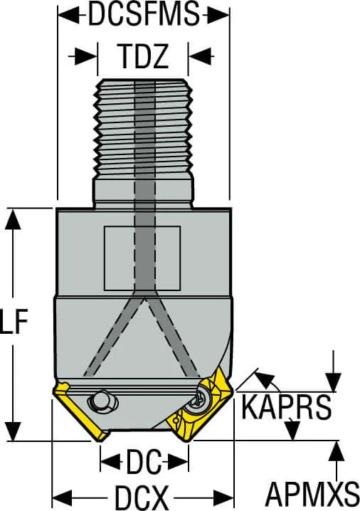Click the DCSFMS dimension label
(x=144, y=14)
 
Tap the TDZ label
(x=144, y=56)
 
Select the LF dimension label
(x=14, y=321)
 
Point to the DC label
(x=144, y=462)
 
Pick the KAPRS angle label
(x=286, y=406)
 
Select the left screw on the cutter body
(x=102, y=401)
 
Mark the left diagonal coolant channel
(x=112, y=337)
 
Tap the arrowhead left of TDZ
(x=86, y=57)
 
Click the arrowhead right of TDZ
(x=200, y=57)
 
